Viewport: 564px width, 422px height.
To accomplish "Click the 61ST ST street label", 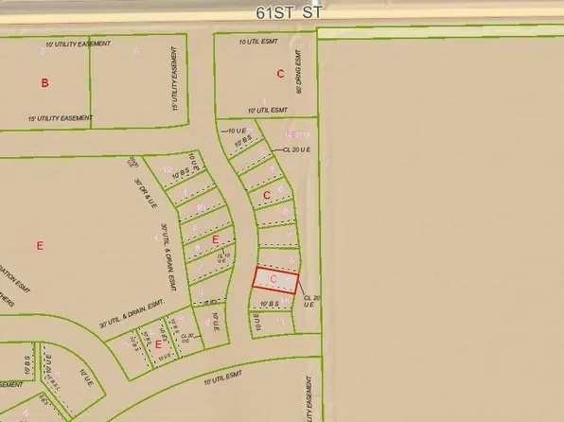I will [x=281, y=14].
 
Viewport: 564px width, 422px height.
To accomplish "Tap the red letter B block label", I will [x=44, y=83].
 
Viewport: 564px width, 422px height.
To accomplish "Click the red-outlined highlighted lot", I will [x=275, y=281].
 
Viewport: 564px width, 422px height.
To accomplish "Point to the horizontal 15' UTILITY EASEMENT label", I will [x=61, y=118].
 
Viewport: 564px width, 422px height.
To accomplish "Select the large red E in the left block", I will [x=40, y=246].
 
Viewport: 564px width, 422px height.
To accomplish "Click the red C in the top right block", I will [x=280, y=73].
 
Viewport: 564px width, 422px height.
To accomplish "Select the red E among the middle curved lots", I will [x=216, y=239].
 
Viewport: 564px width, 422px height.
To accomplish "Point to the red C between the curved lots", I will [x=268, y=196].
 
